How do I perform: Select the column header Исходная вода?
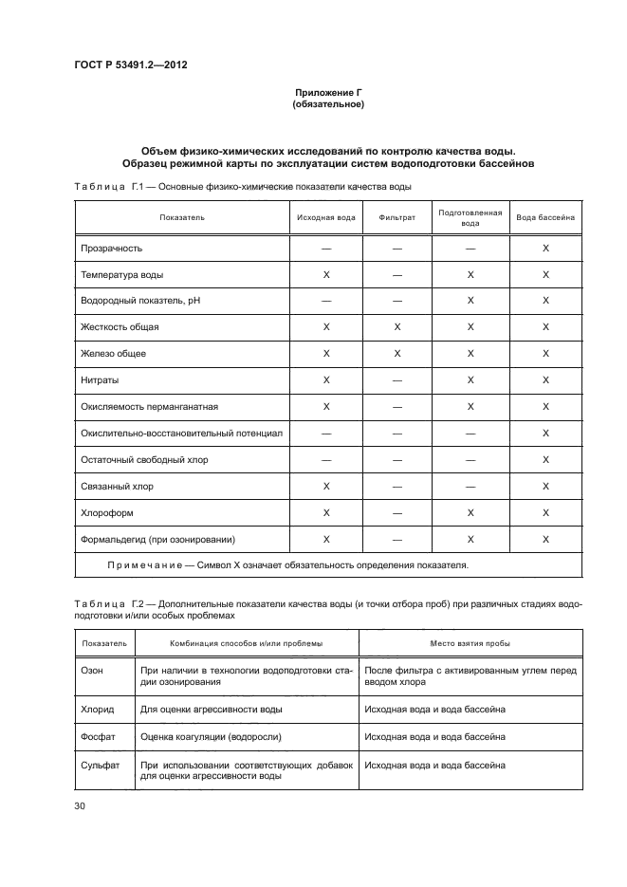[325, 217]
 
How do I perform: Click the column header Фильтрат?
[396, 217]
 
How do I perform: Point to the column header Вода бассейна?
[545, 217]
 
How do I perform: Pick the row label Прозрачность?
[112, 248]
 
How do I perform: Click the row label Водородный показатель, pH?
[141, 301]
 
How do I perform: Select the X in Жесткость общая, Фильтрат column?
[396, 327]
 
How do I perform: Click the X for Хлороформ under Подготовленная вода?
[470, 513]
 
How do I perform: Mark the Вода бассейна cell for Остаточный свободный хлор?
[545, 460]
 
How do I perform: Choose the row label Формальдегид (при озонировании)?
[157, 540]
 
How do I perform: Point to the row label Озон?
[94, 669]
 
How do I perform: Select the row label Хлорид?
[98, 709]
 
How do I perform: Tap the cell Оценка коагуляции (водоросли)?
[211, 736]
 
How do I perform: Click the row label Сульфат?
[101, 765]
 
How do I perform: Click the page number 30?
[79, 805]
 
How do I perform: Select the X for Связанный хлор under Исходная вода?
[325, 487]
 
